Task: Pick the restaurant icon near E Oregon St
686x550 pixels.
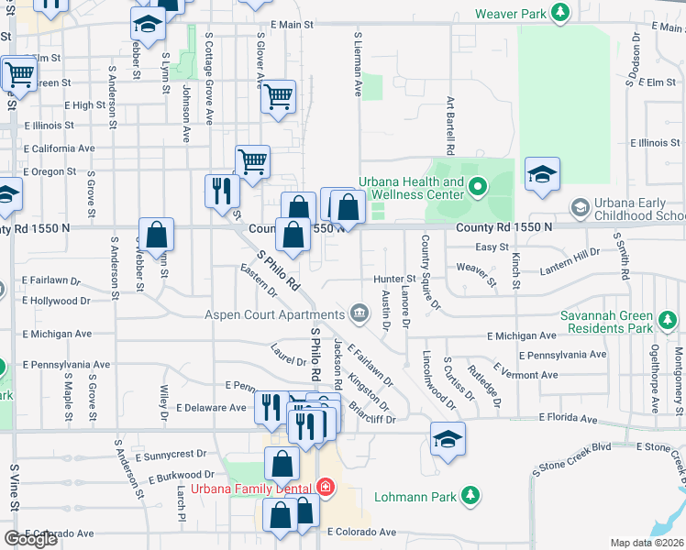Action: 221,191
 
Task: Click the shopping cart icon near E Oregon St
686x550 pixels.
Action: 252,162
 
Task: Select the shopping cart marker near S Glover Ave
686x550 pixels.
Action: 278,96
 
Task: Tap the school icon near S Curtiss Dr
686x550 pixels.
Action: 448,440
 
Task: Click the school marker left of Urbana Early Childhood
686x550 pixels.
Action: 542,175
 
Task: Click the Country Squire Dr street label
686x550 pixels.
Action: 429,272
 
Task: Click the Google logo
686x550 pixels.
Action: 31,538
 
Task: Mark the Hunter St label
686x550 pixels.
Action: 394,279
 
